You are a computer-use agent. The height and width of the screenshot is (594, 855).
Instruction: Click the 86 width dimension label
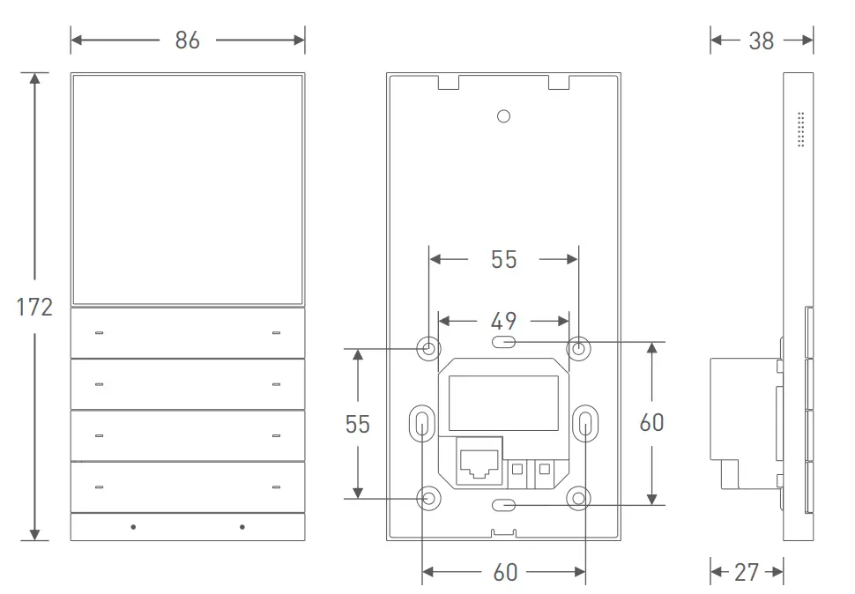pos(187,41)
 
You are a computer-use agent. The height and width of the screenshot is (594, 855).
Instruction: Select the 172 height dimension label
pos(34,308)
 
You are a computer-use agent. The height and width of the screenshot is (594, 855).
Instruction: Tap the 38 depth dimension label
pos(761,41)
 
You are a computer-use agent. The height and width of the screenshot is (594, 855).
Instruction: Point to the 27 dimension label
pos(747,572)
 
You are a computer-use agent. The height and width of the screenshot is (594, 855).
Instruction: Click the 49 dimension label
pos(503,322)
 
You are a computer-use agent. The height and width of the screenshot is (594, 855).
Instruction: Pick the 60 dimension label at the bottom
pos(504,573)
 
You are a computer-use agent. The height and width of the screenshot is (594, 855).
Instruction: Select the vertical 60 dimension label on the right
pos(651,423)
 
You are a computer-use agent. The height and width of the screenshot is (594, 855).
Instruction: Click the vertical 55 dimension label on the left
pos(357,424)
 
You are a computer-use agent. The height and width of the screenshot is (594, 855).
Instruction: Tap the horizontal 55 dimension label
pos(503,259)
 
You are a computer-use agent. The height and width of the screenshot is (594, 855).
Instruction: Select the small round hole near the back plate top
pos(503,116)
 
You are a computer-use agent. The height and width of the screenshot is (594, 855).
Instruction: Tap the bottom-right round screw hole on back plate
pos(578,499)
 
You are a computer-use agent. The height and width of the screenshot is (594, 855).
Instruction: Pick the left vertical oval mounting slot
pos(422,424)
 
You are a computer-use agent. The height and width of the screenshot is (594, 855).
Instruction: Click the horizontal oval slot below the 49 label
pos(504,342)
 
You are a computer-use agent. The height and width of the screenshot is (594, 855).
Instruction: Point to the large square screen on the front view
pos(187,189)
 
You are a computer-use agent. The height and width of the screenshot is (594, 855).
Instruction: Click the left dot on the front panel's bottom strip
pos(133,527)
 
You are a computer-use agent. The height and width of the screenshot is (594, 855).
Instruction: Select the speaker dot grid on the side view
pos(801,129)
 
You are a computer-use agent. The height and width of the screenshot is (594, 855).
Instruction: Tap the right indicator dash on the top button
pos(276,333)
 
